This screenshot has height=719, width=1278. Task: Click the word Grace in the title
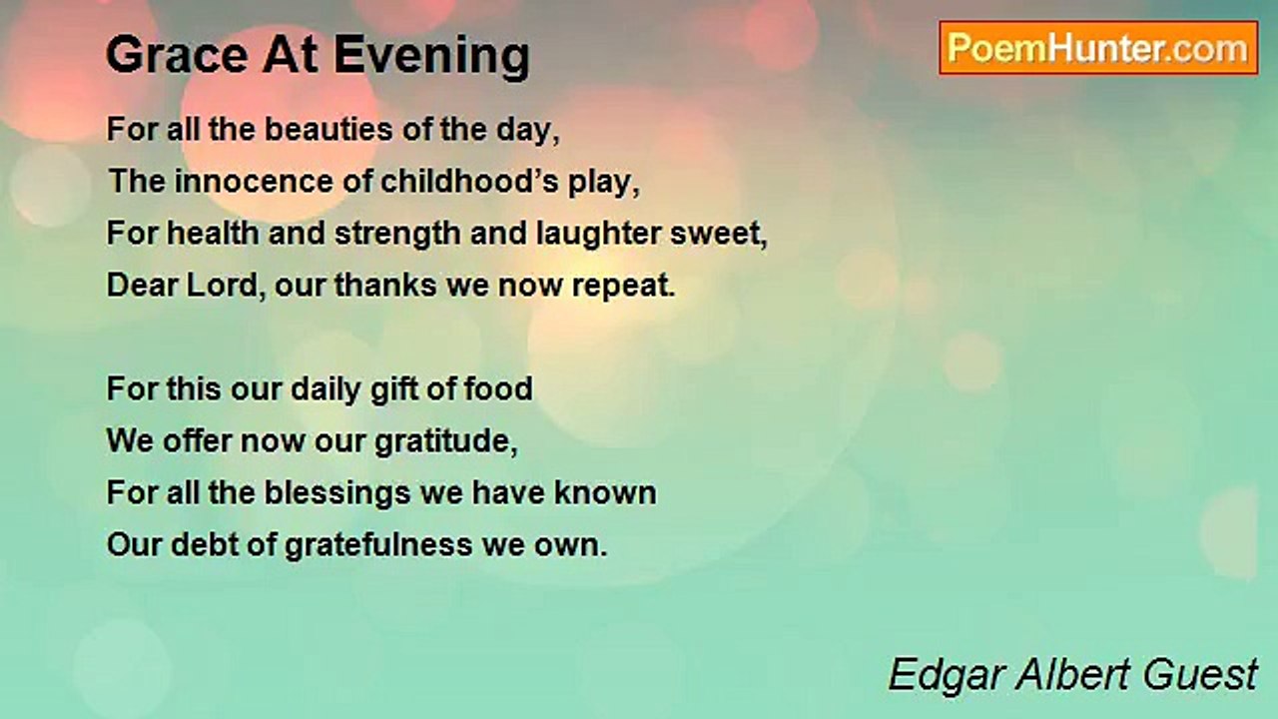[x=178, y=55]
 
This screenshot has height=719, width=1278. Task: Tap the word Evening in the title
[x=432, y=57]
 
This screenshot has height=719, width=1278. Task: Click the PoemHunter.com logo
[x=1098, y=48]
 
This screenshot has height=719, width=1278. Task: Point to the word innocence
[x=254, y=182]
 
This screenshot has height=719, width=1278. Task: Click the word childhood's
[x=469, y=182]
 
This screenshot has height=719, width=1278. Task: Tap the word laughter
[x=598, y=235]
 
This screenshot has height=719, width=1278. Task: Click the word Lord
[x=222, y=285]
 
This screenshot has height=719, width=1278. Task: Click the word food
[x=498, y=388]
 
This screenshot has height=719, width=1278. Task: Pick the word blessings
[x=337, y=493]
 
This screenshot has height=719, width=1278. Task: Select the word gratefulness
[x=378, y=545]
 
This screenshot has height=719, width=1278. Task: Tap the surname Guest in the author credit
[x=1200, y=675]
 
